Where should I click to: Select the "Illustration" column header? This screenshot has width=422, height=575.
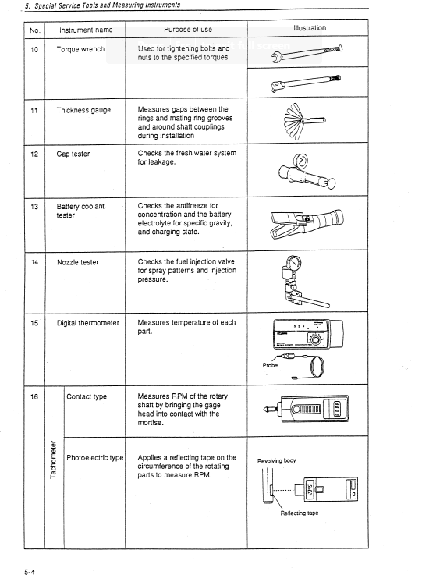tap(310, 28)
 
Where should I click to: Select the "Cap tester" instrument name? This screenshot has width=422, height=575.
tap(73, 154)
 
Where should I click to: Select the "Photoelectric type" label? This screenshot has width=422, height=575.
tap(95, 457)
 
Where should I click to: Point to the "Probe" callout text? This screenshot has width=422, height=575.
tap(270, 364)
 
